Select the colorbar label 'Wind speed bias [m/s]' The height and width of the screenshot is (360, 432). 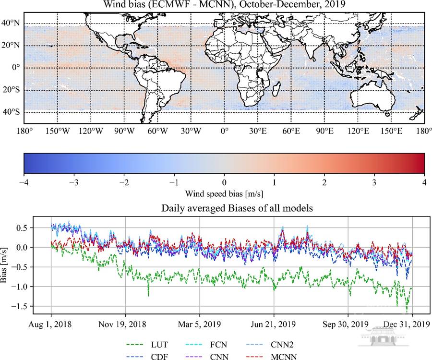tap(224, 194)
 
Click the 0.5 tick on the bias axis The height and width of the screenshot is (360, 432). tap(40, 228)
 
